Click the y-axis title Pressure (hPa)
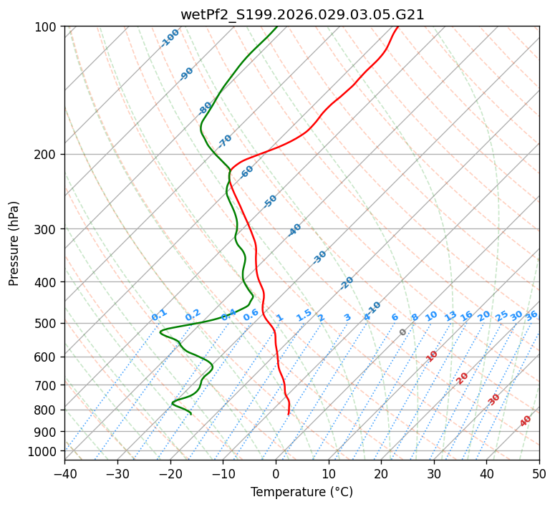pyautogui.click(x=14, y=243)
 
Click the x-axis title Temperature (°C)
pyautogui.click(x=301, y=492)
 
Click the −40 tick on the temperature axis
pyautogui.click(x=64, y=473)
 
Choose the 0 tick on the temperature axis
pyautogui.click(x=276, y=473)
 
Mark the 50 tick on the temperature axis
pyautogui.click(x=539, y=473)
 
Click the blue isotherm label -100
pyautogui.click(x=170, y=38)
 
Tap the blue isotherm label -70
pyautogui.click(x=225, y=141)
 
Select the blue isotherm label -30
pyautogui.click(x=319, y=257)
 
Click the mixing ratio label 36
pyautogui.click(x=531, y=315)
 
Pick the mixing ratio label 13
pyautogui.click(x=450, y=316)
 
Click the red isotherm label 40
pyautogui.click(x=526, y=421)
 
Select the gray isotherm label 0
pyautogui.click(x=403, y=332)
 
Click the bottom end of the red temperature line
pyautogui.click(x=288, y=415)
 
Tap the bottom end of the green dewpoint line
pyautogui.click(x=191, y=414)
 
